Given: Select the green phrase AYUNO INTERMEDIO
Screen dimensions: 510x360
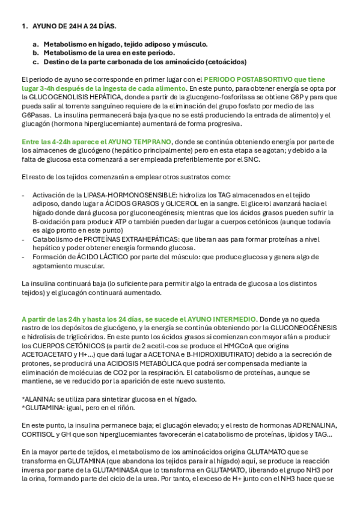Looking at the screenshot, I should click(221, 319).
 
